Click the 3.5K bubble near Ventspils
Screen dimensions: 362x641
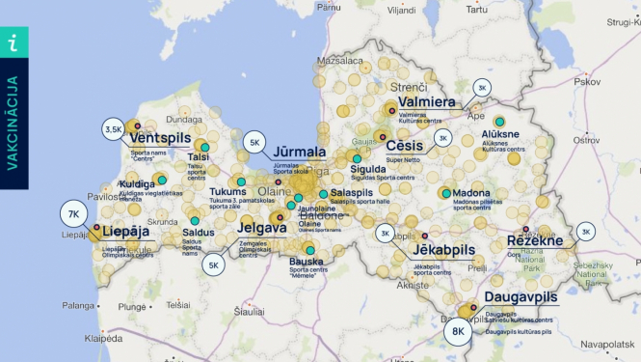(x=114, y=128)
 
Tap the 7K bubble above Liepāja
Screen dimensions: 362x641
(x=73, y=213)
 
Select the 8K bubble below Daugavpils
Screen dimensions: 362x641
(x=459, y=332)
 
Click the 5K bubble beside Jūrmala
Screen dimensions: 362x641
(x=255, y=143)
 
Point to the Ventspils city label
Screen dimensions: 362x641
(x=161, y=138)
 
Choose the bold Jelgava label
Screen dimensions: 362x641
(x=261, y=229)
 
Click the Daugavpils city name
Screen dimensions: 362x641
(x=521, y=296)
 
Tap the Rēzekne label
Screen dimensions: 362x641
(x=535, y=240)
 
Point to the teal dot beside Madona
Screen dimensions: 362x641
(x=445, y=193)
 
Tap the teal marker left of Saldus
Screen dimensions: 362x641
(x=194, y=221)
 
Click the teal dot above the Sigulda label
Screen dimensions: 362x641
(x=357, y=158)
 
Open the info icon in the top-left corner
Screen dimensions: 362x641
(x=13, y=42)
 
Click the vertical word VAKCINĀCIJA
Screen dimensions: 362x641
(x=13, y=123)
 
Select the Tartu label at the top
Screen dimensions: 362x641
(x=476, y=9)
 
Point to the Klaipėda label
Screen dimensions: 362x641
(x=103, y=339)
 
